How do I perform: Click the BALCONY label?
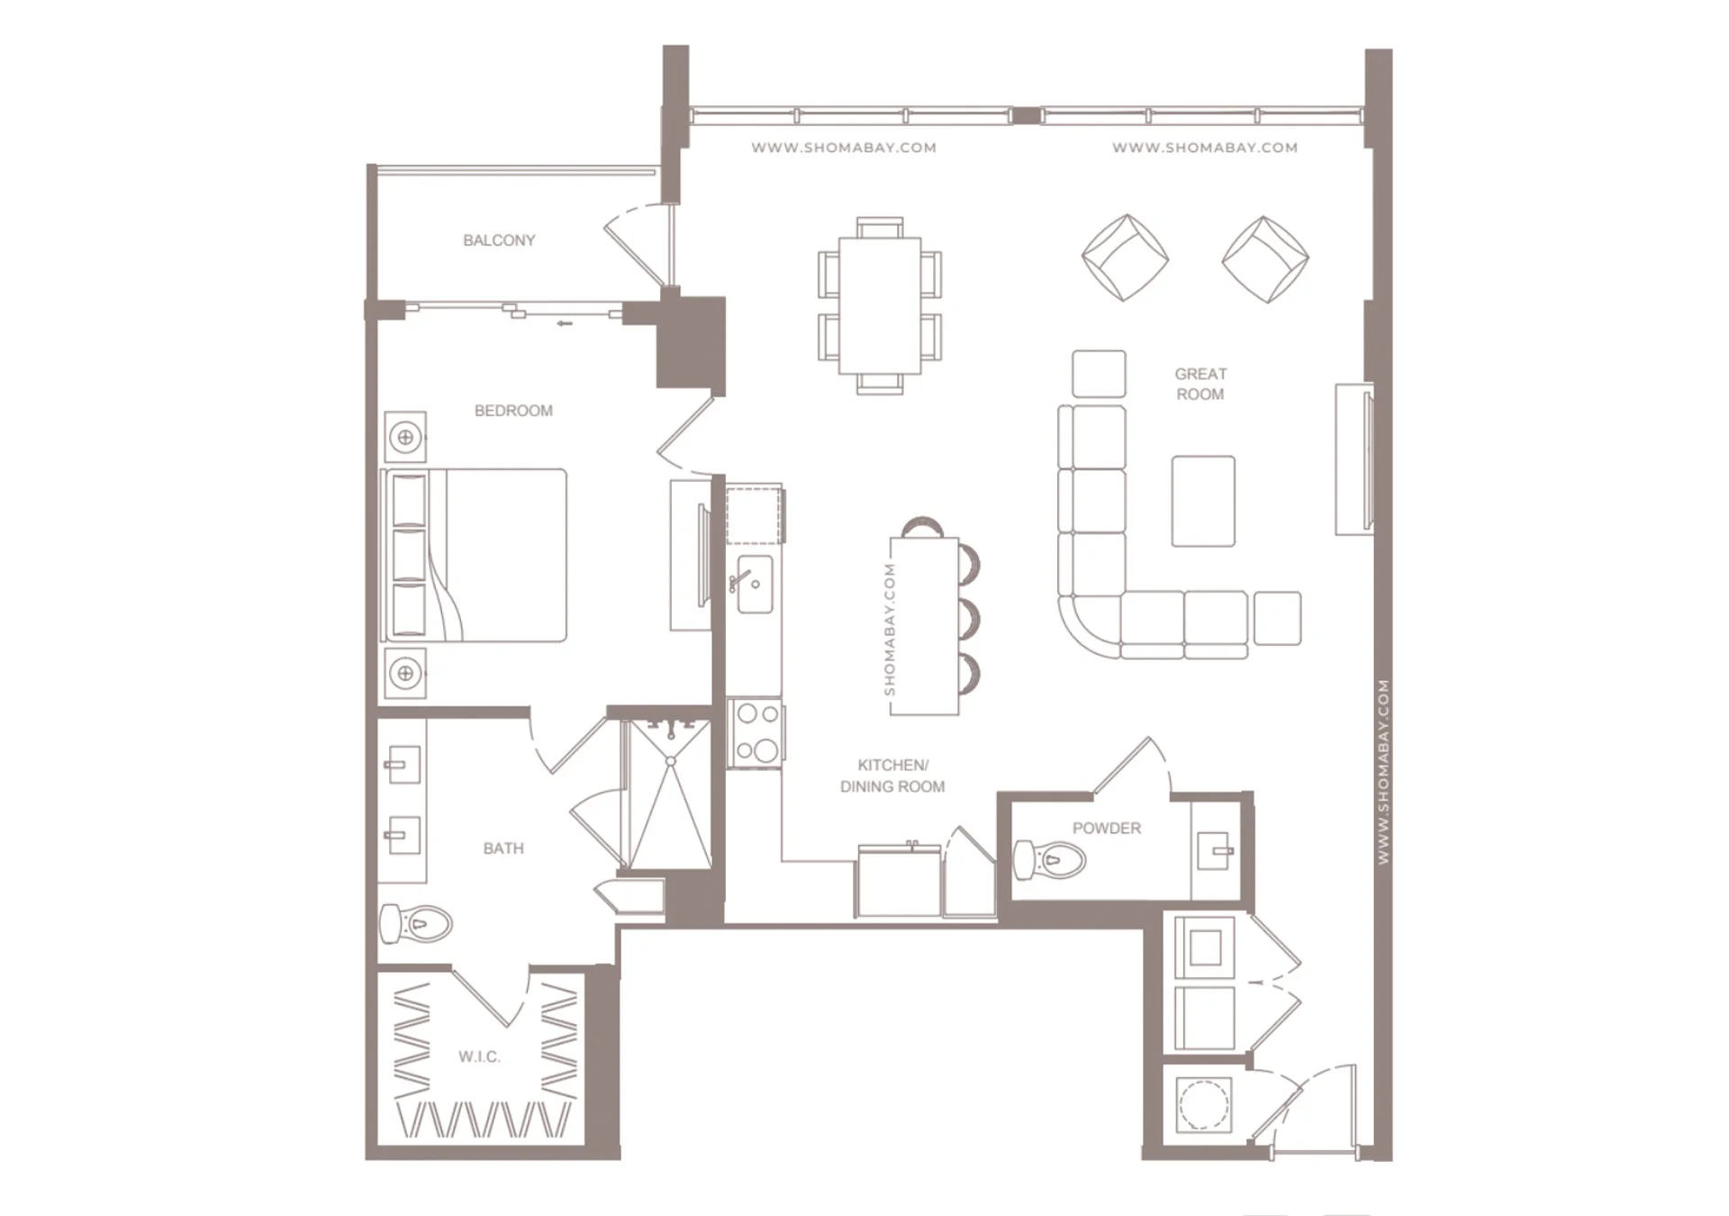tap(499, 240)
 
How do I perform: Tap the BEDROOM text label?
tap(513, 411)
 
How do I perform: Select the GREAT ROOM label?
tap(1200, 384)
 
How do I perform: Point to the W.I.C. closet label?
tap(479, 1057)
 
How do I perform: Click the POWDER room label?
tap(1106, 828)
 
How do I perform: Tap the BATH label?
tap(503, 848)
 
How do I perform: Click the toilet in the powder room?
tap(1049, 859)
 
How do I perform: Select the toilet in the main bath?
tap(415, 923)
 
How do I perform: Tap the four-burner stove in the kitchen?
tap(756, 732)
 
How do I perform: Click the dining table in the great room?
tap(880, 305)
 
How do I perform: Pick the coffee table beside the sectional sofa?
tap(1203, 501)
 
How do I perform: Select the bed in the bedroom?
tap(475, 555)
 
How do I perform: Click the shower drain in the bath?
tap(671, 762)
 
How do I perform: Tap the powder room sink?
tap(1215, 850)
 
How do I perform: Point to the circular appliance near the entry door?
tap(1204, 1104)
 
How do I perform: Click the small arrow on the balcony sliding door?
tap(565, 323)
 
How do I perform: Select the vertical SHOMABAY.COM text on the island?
tap(890, 630)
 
